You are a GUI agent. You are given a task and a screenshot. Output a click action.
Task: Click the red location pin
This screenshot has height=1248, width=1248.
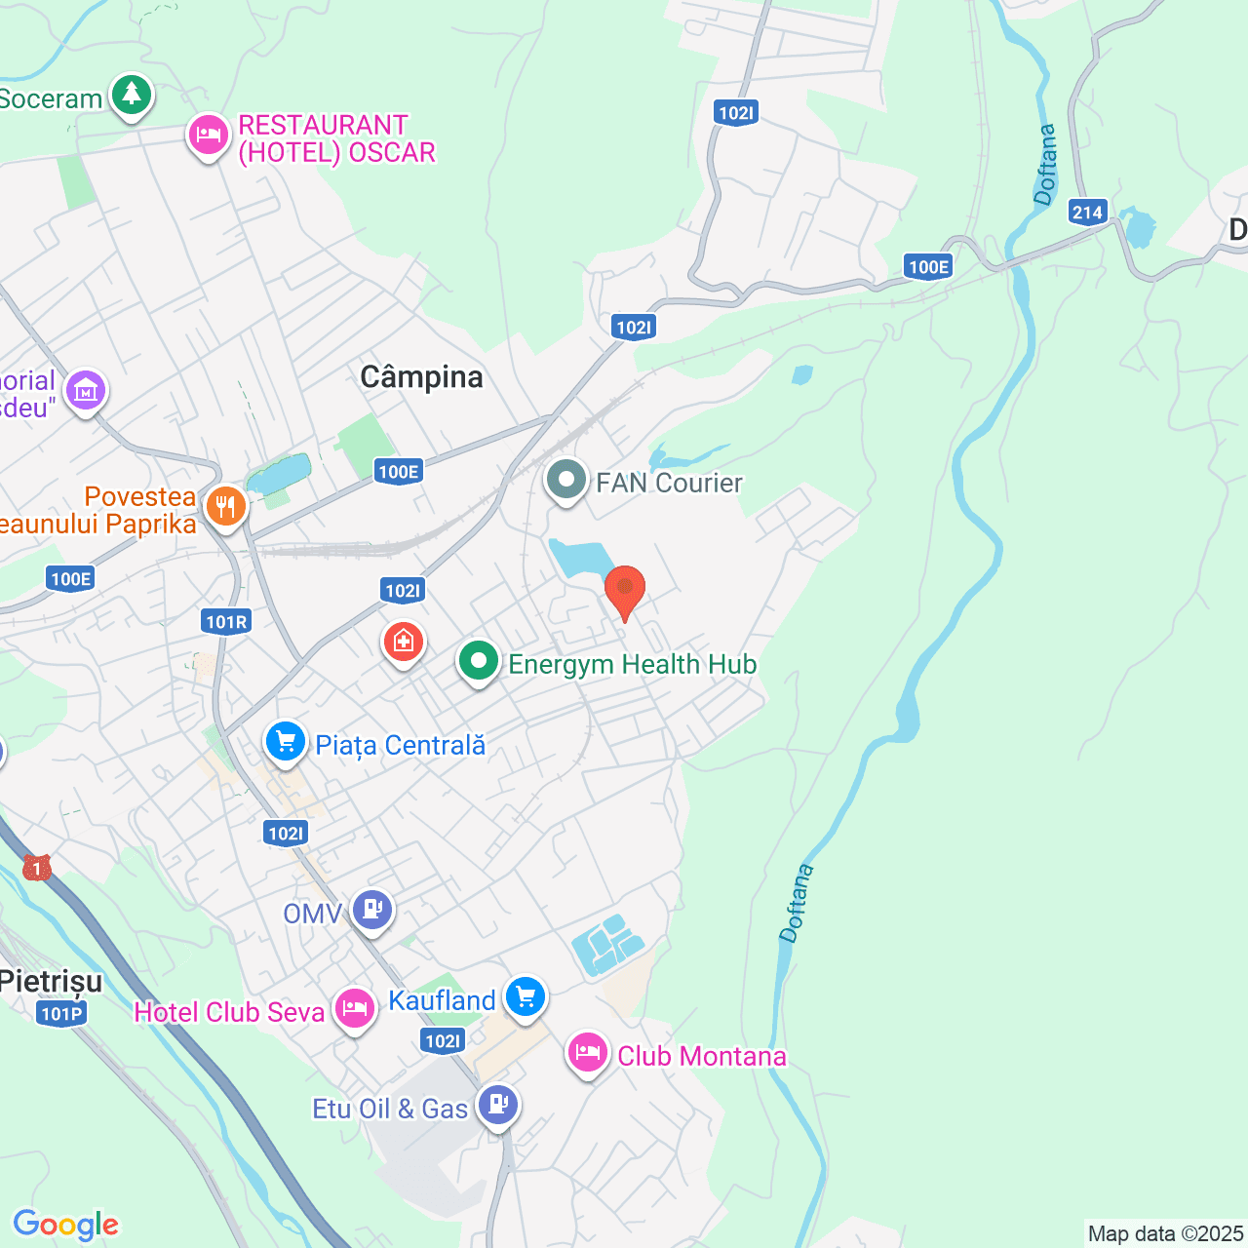(x=625, y=590)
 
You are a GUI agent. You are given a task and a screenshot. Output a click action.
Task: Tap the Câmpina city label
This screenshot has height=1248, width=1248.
(x=421, y=377)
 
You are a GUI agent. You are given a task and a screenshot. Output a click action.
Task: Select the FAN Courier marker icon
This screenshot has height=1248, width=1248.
(x=565, y=480)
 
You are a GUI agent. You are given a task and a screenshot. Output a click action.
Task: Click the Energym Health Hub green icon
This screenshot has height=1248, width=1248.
(x=478, y=662)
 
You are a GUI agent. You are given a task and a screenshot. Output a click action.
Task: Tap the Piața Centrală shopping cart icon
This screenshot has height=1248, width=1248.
(x=286, y=743)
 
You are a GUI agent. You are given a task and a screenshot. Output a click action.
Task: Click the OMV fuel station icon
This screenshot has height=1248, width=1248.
(x=371, y=911)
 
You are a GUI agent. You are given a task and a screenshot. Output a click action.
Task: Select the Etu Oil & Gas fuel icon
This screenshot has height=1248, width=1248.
(x=498, y=1106)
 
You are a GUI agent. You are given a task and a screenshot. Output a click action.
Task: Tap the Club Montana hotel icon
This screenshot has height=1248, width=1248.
(x=588, y=1054)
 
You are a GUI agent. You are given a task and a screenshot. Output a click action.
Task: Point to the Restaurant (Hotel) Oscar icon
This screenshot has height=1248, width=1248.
(x=208, y=136)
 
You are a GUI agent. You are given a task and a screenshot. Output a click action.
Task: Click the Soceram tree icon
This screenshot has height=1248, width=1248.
(x=131, y=96)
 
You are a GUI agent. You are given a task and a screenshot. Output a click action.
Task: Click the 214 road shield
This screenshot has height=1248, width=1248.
(x=1087, y=213)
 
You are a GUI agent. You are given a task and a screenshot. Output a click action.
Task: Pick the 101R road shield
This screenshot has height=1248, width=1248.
(x=226, y=622)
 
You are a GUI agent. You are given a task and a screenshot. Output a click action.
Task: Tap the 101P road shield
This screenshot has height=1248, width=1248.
(x=61, y=1014)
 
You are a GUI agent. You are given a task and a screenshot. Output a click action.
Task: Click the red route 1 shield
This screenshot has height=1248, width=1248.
(x=37, y=867)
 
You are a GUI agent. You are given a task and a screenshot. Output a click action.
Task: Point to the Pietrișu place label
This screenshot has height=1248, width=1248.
(x=51, y=981)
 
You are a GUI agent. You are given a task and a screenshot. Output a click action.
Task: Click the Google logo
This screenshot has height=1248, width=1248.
(x=65, y=1225)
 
